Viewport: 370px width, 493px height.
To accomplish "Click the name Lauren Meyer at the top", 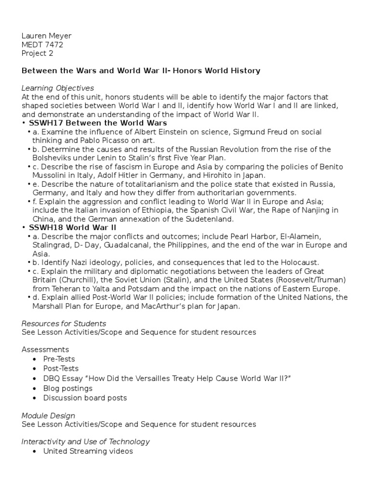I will [46, 36].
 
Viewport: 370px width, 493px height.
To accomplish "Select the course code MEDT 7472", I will [42, 44].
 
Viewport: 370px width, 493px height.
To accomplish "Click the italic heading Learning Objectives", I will [58, 88].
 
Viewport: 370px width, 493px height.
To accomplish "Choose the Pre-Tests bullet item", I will [59, 359].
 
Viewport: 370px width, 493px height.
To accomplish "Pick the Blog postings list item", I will [68, 388].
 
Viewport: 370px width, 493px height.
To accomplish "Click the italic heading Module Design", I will [48, 415].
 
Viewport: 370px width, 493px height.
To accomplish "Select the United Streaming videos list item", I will [88, 451].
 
